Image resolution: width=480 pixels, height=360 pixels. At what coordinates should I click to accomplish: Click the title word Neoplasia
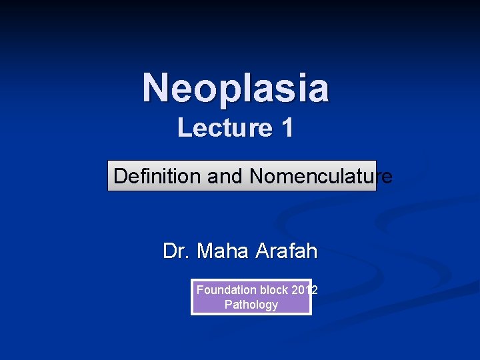[235, 88]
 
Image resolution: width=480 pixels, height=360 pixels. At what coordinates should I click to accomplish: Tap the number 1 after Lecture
[286, 127]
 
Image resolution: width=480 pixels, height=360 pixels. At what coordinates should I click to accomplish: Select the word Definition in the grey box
[157, 177]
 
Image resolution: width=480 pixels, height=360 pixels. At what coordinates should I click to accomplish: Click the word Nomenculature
[321, 177]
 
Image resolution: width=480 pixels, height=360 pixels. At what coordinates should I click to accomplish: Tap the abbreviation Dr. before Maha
[176, 251]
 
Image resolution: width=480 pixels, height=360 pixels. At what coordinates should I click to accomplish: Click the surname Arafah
[287, 251]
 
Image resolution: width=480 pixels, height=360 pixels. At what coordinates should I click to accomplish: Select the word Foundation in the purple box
[226, 290]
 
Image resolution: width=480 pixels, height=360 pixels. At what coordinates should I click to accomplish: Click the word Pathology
[251, 305]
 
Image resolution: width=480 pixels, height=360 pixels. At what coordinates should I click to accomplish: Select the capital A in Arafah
[263, 251]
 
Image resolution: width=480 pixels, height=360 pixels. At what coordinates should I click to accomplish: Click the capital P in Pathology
[228, 305]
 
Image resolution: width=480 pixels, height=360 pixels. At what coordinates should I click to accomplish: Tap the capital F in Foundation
[199, 290]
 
